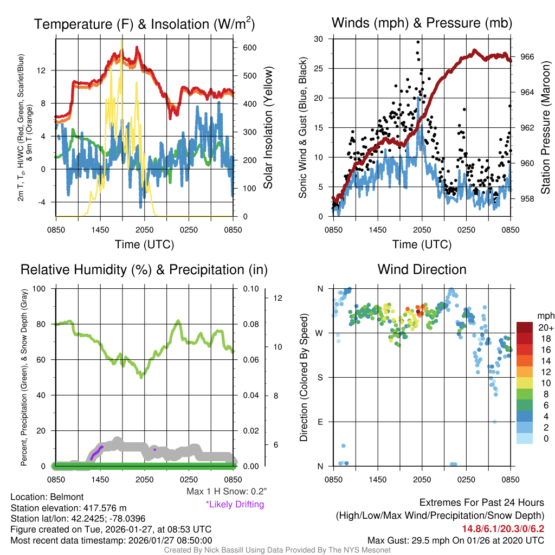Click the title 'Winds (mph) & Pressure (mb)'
pos(422,23)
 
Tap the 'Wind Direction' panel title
pos(422,269)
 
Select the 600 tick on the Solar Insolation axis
pos(249,47)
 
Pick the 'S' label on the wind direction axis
pos(321,377)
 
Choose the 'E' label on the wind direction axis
pos(321,422)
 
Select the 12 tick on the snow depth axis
pos(279,298)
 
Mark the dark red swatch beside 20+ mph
pos(525,327)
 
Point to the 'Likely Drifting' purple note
pos(235,504)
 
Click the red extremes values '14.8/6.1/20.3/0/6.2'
pos(502,529)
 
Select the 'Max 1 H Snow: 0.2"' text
pos(227,492)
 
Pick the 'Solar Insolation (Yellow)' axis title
pos(268,128)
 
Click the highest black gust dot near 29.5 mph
pos(418,42)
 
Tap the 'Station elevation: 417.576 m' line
pos(68,508)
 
